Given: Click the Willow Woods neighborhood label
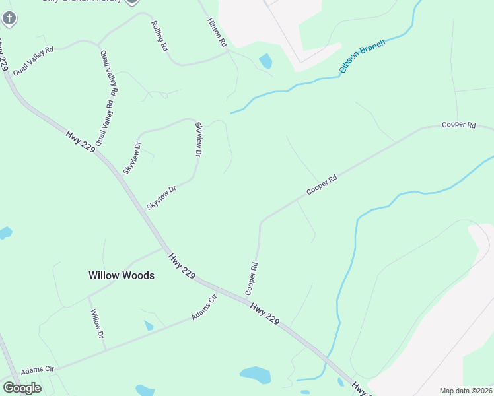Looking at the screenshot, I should pos(122,275).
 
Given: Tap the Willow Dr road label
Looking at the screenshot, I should pos(97,324).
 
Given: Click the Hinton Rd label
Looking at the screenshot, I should pos(217,32).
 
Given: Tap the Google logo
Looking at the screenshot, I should pos(22,387).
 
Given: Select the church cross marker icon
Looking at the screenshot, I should pos(9,18).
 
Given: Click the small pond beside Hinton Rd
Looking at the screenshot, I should pos(265,61).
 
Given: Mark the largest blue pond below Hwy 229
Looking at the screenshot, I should pos(256,375).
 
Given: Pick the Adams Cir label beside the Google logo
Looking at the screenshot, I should pos(37,371).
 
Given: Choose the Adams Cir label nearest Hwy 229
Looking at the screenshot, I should pos(204,308).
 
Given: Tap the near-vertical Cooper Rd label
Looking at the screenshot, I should pos(252,279).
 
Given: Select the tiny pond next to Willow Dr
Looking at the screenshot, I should pos(149,325).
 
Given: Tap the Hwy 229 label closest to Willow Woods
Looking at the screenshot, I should pos(181,265).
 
